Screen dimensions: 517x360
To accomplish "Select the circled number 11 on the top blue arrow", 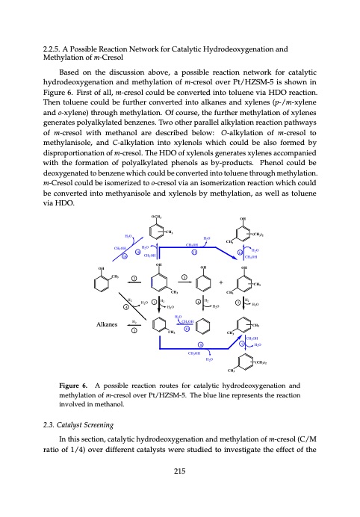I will click(193, 250).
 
